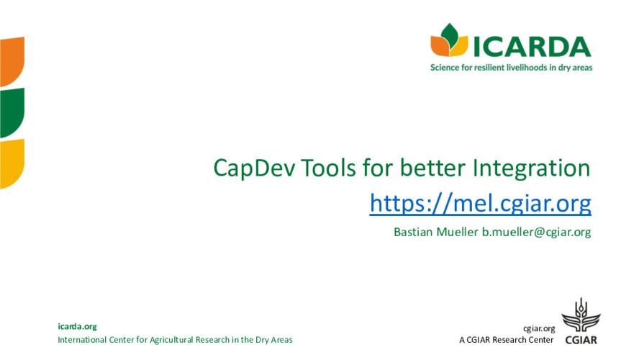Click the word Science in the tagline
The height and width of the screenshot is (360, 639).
[x=446, y=68]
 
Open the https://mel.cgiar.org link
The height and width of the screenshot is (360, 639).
[x=480, y=204]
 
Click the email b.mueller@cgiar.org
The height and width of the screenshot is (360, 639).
[x=536, y=233]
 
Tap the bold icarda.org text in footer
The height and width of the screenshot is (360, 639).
[x=77, y=326]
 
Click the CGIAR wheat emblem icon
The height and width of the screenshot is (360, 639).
[x=579, y=316]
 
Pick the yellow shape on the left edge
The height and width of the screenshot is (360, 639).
[x=12, y=162]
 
